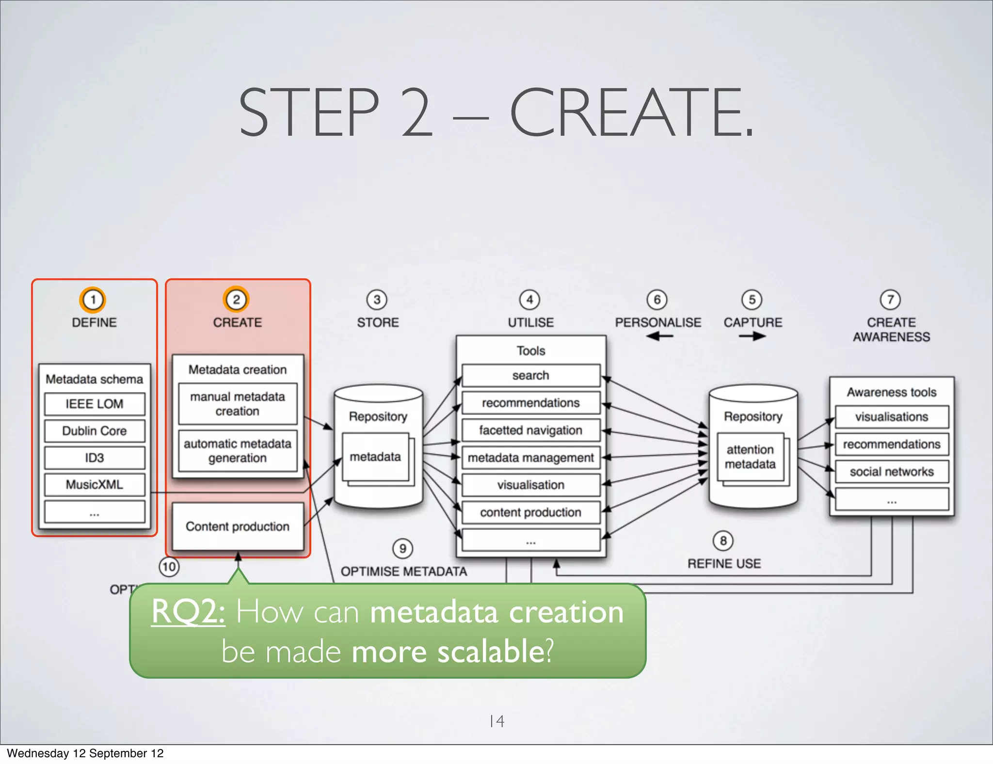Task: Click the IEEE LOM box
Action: point(95,404)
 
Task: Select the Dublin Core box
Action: point(95,431)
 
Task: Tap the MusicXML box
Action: point(95,484)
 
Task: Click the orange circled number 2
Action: point(236,300)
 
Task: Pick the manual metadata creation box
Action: point(238,404)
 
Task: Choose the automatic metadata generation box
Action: point(238,451)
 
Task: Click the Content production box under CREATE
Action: point(238,526)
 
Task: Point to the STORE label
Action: point(378,322)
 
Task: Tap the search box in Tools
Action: point(531,376)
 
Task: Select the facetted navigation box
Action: point(531,430)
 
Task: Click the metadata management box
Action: point(531,458)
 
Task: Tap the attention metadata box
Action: point(750,457)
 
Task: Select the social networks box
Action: point(892,472)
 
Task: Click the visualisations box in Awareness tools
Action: point(892,417)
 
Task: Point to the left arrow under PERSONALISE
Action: point(659,336)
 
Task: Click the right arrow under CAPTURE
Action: point(753,336)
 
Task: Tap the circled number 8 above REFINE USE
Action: point(723,541)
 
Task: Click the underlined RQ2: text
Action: point(188,612)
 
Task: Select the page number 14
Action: point(497,721)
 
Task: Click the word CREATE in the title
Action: point(630,112)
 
